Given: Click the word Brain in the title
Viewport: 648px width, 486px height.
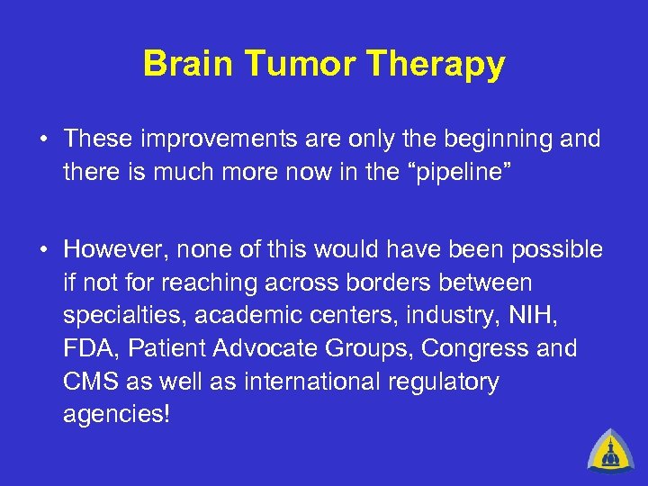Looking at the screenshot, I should point(184,65).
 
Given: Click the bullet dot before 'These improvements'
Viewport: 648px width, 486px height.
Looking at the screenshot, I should point(42,139).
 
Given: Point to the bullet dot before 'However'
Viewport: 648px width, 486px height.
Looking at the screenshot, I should point(42,249).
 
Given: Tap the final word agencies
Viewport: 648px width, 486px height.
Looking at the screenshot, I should point(115,415).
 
